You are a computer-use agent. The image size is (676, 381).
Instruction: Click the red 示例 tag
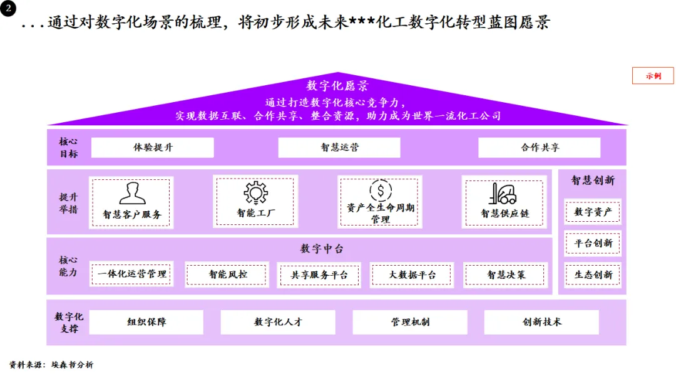point(653,76)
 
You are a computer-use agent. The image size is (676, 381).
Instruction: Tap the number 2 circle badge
point(8,10)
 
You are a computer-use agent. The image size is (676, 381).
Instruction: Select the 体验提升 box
point(153,148)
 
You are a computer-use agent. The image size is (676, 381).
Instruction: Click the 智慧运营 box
point(339,148)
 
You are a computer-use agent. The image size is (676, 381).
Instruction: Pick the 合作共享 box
point(540,148)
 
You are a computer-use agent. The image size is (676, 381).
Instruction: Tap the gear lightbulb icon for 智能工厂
point(255,192)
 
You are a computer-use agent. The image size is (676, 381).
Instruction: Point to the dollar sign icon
point(380,190)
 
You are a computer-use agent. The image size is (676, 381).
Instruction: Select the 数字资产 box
point(593,212)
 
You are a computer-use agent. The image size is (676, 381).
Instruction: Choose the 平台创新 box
point(593,243)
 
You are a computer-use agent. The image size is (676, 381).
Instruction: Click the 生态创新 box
point(593,274)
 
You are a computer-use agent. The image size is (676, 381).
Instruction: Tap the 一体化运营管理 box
point(132,274)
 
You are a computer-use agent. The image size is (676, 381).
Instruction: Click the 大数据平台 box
point(412,274)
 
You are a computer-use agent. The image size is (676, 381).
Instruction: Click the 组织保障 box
point(147,322)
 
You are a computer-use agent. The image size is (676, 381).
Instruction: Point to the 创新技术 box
point(541,322)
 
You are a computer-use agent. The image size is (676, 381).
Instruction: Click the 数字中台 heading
point(322,249)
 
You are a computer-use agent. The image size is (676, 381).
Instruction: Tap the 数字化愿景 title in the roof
point(337,86)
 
